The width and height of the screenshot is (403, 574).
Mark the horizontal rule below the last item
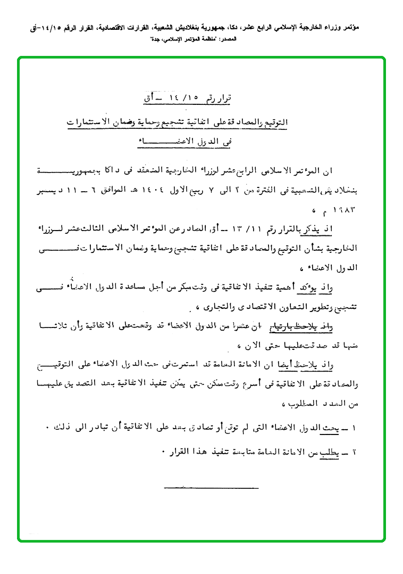[211, 487]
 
